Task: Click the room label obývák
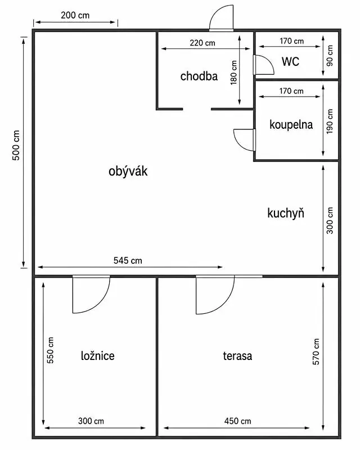128,172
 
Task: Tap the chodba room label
199,76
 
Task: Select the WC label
290,61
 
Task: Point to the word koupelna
291,124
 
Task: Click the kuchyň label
286,213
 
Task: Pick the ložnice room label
98,356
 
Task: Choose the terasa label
237,356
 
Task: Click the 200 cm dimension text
75,15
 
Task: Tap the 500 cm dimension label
16,145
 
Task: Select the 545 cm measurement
128,260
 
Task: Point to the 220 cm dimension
202,43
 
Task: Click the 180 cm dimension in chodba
233,73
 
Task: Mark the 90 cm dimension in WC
330,55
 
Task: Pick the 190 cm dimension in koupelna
330,121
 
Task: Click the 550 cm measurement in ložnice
50,350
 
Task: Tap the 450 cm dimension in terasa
238,421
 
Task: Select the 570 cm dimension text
316,352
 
